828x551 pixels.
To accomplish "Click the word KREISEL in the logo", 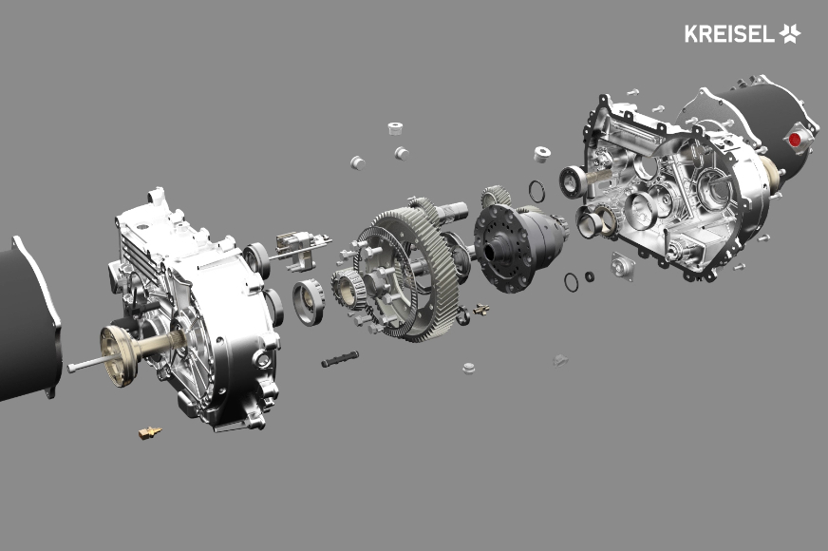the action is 729,34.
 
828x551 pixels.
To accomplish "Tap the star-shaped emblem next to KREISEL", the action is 790,33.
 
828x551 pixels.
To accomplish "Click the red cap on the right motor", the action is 795,140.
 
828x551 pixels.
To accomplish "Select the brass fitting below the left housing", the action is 150,432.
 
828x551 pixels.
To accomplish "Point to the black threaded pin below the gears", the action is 340,359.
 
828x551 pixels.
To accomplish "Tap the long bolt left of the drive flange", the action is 90,363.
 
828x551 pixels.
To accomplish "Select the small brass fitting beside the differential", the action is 481,310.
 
